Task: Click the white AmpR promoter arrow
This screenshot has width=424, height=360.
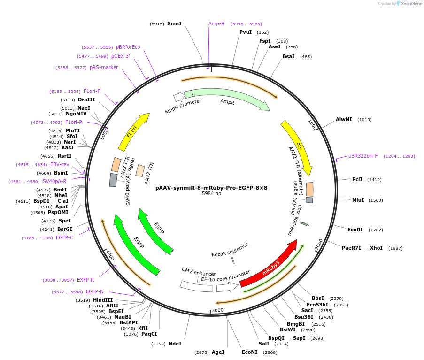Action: pos(179,97)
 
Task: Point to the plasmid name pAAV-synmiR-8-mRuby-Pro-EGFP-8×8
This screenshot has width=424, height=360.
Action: pos(211,188)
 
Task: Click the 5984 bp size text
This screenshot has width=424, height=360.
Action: pos(211,194)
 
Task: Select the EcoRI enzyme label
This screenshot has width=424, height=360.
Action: pos(355,230)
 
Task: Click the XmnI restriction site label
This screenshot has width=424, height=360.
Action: pos(174,23)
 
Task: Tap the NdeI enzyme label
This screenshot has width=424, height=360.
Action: pos(175,344)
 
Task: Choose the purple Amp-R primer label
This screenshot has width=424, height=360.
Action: pos(216,23)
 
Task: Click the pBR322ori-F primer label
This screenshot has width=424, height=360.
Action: pos(363,156)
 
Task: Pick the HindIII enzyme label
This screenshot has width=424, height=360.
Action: pos(103,300)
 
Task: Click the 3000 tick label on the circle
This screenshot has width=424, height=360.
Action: pos(217,310)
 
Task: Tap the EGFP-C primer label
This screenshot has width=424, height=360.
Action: pos(64,237)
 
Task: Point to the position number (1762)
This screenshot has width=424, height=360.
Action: pos(376,230)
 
